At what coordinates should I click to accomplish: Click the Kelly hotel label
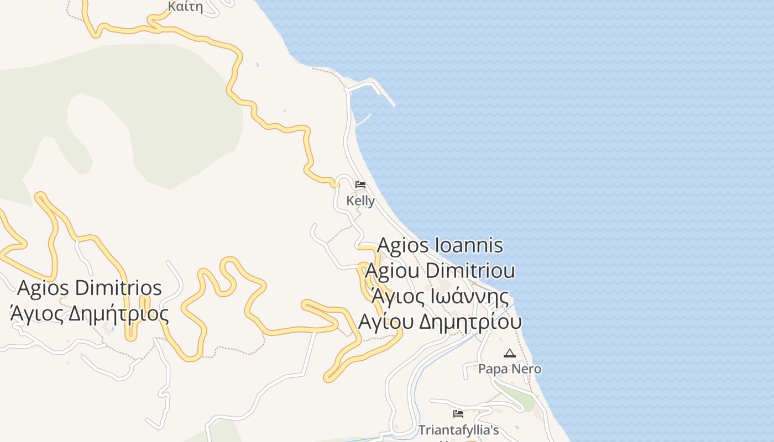(360, 201)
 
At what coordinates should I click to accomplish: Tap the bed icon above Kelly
(360, 184)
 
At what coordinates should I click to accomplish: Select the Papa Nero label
(510, 369)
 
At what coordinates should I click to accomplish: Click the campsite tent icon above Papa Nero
(510, 353)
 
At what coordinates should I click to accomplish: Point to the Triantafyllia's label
(458, 430)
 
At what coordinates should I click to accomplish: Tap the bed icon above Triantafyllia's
(458, 413)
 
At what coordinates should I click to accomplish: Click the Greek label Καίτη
(185, 7)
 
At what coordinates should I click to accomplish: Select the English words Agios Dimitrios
(90, 288)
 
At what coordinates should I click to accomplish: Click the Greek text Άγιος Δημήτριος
(90, 314)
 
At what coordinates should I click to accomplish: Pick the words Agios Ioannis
(441, 245)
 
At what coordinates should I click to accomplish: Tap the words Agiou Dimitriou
(441, 271)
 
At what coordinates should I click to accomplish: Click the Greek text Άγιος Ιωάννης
(441, 297)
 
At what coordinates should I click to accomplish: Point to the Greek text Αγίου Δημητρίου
(441, 322)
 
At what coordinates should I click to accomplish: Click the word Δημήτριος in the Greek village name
(119, 314)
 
